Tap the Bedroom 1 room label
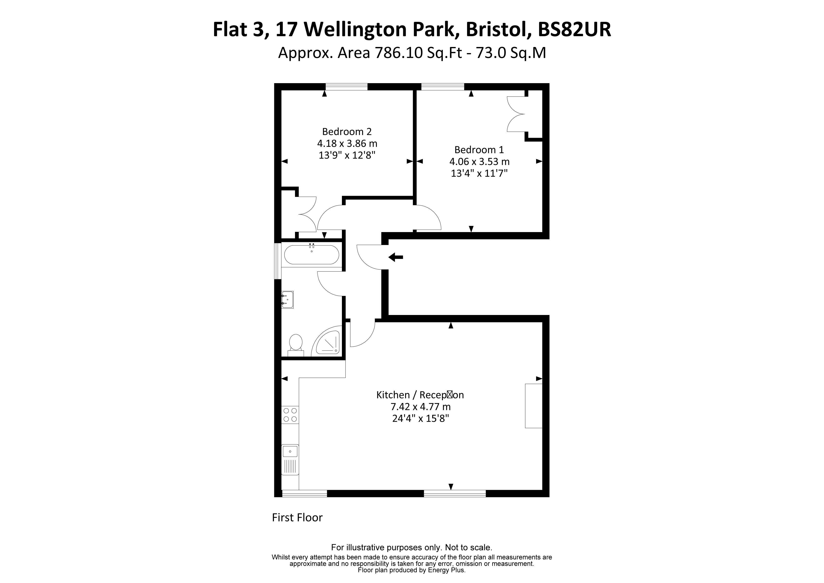pos(479,150)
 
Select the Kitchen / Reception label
pos(420,395)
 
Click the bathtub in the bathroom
pos(311,255)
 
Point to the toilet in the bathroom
pos(296,344)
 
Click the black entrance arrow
pos(396,257)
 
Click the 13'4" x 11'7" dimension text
pos(479,173)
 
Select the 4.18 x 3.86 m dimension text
pos(347,144)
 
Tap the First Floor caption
pos(297,517)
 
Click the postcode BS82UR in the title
pos(574,29)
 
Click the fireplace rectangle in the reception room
pos(534,406)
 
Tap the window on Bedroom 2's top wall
pos(346,86)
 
